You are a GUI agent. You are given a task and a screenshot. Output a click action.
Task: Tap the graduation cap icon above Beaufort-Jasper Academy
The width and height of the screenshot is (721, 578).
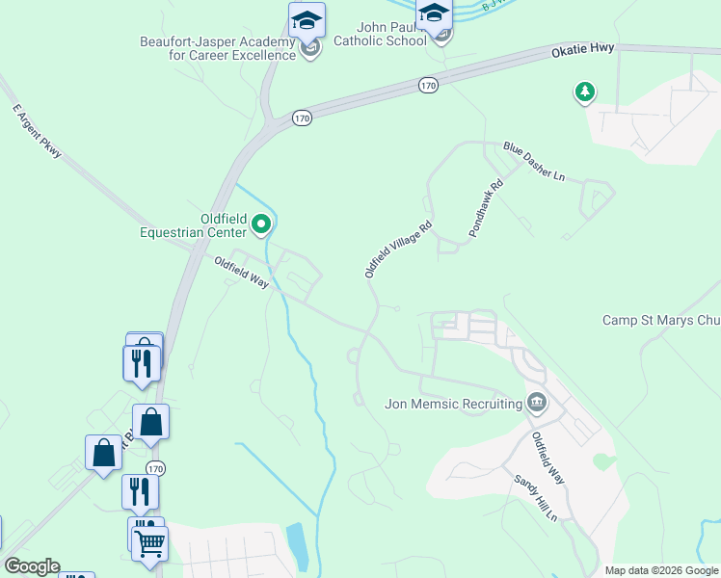pos(307,19)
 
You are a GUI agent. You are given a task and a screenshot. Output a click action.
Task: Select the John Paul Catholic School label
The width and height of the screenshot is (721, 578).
pos(378,34)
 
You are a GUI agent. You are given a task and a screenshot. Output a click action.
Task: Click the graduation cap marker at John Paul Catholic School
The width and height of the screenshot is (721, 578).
pos(434,13)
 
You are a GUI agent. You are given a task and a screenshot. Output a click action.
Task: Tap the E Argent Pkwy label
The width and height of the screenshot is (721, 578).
pos(38,132)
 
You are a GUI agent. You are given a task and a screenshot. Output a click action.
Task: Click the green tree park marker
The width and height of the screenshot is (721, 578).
pos(583,92)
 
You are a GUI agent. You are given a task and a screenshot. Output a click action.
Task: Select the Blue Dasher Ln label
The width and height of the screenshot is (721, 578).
pos(533,161)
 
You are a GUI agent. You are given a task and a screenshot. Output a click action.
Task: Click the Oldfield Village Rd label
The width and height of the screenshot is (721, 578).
pos(397,250)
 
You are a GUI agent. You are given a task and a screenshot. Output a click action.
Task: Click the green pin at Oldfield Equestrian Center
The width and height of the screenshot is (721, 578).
pos(261,225)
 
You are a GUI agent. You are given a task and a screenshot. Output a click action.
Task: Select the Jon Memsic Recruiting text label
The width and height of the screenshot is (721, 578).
pos(452,404)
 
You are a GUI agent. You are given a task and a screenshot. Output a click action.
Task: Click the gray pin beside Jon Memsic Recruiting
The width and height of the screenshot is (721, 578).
pos(536,402)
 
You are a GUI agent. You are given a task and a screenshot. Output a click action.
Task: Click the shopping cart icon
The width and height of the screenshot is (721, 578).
pos(150,543)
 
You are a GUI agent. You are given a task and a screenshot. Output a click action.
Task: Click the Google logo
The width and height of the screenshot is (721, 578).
pos(32,566)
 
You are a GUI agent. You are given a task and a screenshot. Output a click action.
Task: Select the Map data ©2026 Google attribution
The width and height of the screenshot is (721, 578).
pos(661,570)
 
